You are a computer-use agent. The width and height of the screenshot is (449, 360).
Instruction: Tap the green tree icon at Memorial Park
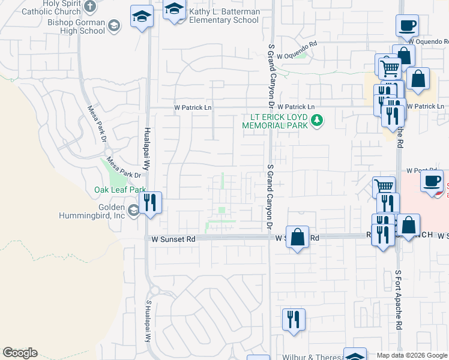[318, 122]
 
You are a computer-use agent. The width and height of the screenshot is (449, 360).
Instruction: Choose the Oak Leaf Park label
[120, 190]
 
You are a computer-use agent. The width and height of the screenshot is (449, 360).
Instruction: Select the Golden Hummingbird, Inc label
[92, 210]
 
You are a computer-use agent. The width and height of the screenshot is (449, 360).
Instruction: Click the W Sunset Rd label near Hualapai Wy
[173, 239]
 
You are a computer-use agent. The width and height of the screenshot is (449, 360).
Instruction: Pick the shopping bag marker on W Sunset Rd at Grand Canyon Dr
[297, 237]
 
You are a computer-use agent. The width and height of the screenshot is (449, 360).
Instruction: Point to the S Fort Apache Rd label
[398, 299]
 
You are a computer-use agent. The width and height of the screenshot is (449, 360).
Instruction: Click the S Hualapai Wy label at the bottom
[148, 321]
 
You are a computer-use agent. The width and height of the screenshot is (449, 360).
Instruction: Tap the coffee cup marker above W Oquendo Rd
[407, 26]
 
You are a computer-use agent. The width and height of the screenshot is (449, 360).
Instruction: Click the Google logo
[20, 353]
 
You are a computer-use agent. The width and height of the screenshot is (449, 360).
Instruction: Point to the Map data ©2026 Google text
[411, 355]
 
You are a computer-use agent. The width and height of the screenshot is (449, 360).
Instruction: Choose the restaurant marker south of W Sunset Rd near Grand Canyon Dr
[294, 319]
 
